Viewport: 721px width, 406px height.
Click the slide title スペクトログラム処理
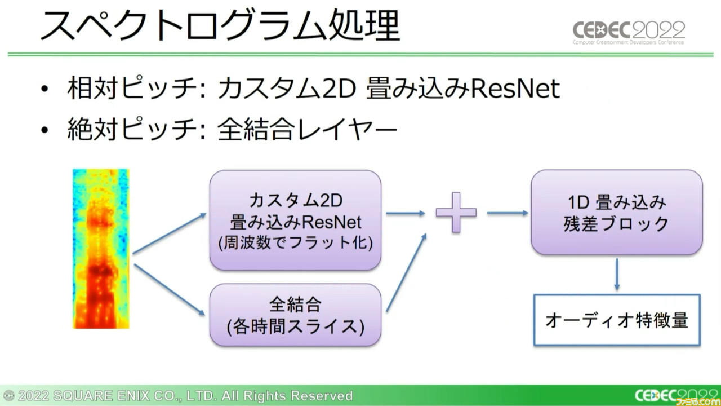(220, 25)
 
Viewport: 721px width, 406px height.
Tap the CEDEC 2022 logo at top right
(629, 33)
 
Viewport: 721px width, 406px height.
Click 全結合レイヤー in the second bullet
(308, 129)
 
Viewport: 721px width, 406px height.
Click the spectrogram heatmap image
(101, 249)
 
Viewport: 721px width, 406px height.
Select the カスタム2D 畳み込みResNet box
(295, 220)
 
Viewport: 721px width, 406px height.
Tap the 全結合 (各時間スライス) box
(295, 315)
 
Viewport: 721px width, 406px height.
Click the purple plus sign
(456, 213)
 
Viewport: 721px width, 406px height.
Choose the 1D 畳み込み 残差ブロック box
(617, 213)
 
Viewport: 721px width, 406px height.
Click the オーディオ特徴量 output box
(617, 320)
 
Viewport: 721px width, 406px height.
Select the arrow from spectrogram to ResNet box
(170, 233)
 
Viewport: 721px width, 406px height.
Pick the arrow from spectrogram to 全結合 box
(170, 290)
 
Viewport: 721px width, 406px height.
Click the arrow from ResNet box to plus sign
(406, 213)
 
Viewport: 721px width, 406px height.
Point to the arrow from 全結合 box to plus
(407, 272)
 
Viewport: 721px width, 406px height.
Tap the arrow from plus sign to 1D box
(508, 213)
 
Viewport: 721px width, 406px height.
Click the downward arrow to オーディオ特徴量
(617, 275)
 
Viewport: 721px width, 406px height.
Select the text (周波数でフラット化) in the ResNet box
(296, 242)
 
